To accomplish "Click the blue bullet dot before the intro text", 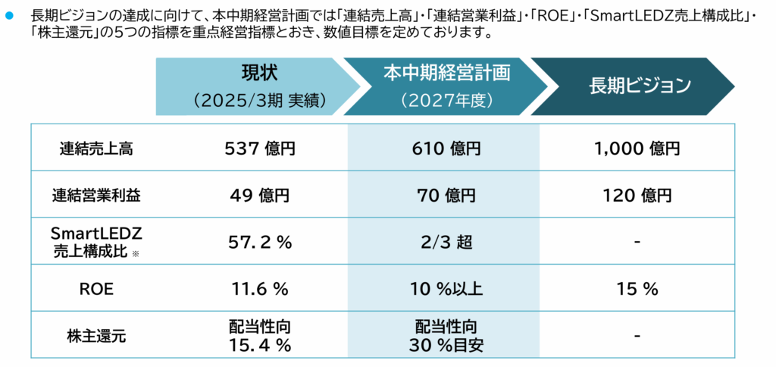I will coord(10,15).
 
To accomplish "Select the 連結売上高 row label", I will coord(95,149).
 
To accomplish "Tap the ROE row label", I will coord(95,289).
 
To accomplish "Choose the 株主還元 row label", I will coord(95,336).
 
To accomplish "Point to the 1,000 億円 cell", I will coord(637,149).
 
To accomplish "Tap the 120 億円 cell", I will coord(637,195).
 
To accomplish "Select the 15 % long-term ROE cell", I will coord(637,289).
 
